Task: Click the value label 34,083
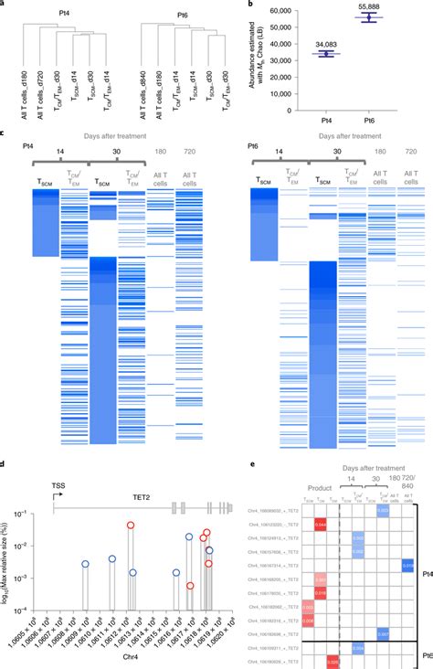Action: tap(322, 43)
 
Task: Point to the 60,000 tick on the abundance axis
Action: tap(297, 10)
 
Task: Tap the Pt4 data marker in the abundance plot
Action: tap(324, 54)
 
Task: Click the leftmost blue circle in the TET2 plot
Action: tap(85, 565)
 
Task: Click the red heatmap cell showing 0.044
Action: tap(320, 525)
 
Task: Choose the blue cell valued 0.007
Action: tap(383, 632)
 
